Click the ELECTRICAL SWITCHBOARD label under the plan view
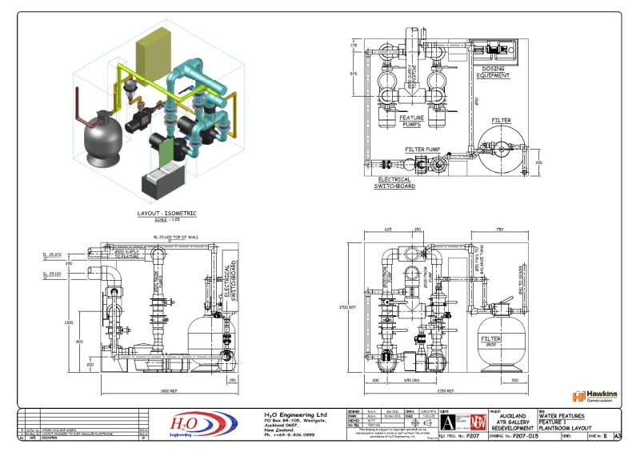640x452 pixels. (394, 182)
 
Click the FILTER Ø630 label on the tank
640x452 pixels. (490, 342)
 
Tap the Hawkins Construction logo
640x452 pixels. (594, 397)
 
